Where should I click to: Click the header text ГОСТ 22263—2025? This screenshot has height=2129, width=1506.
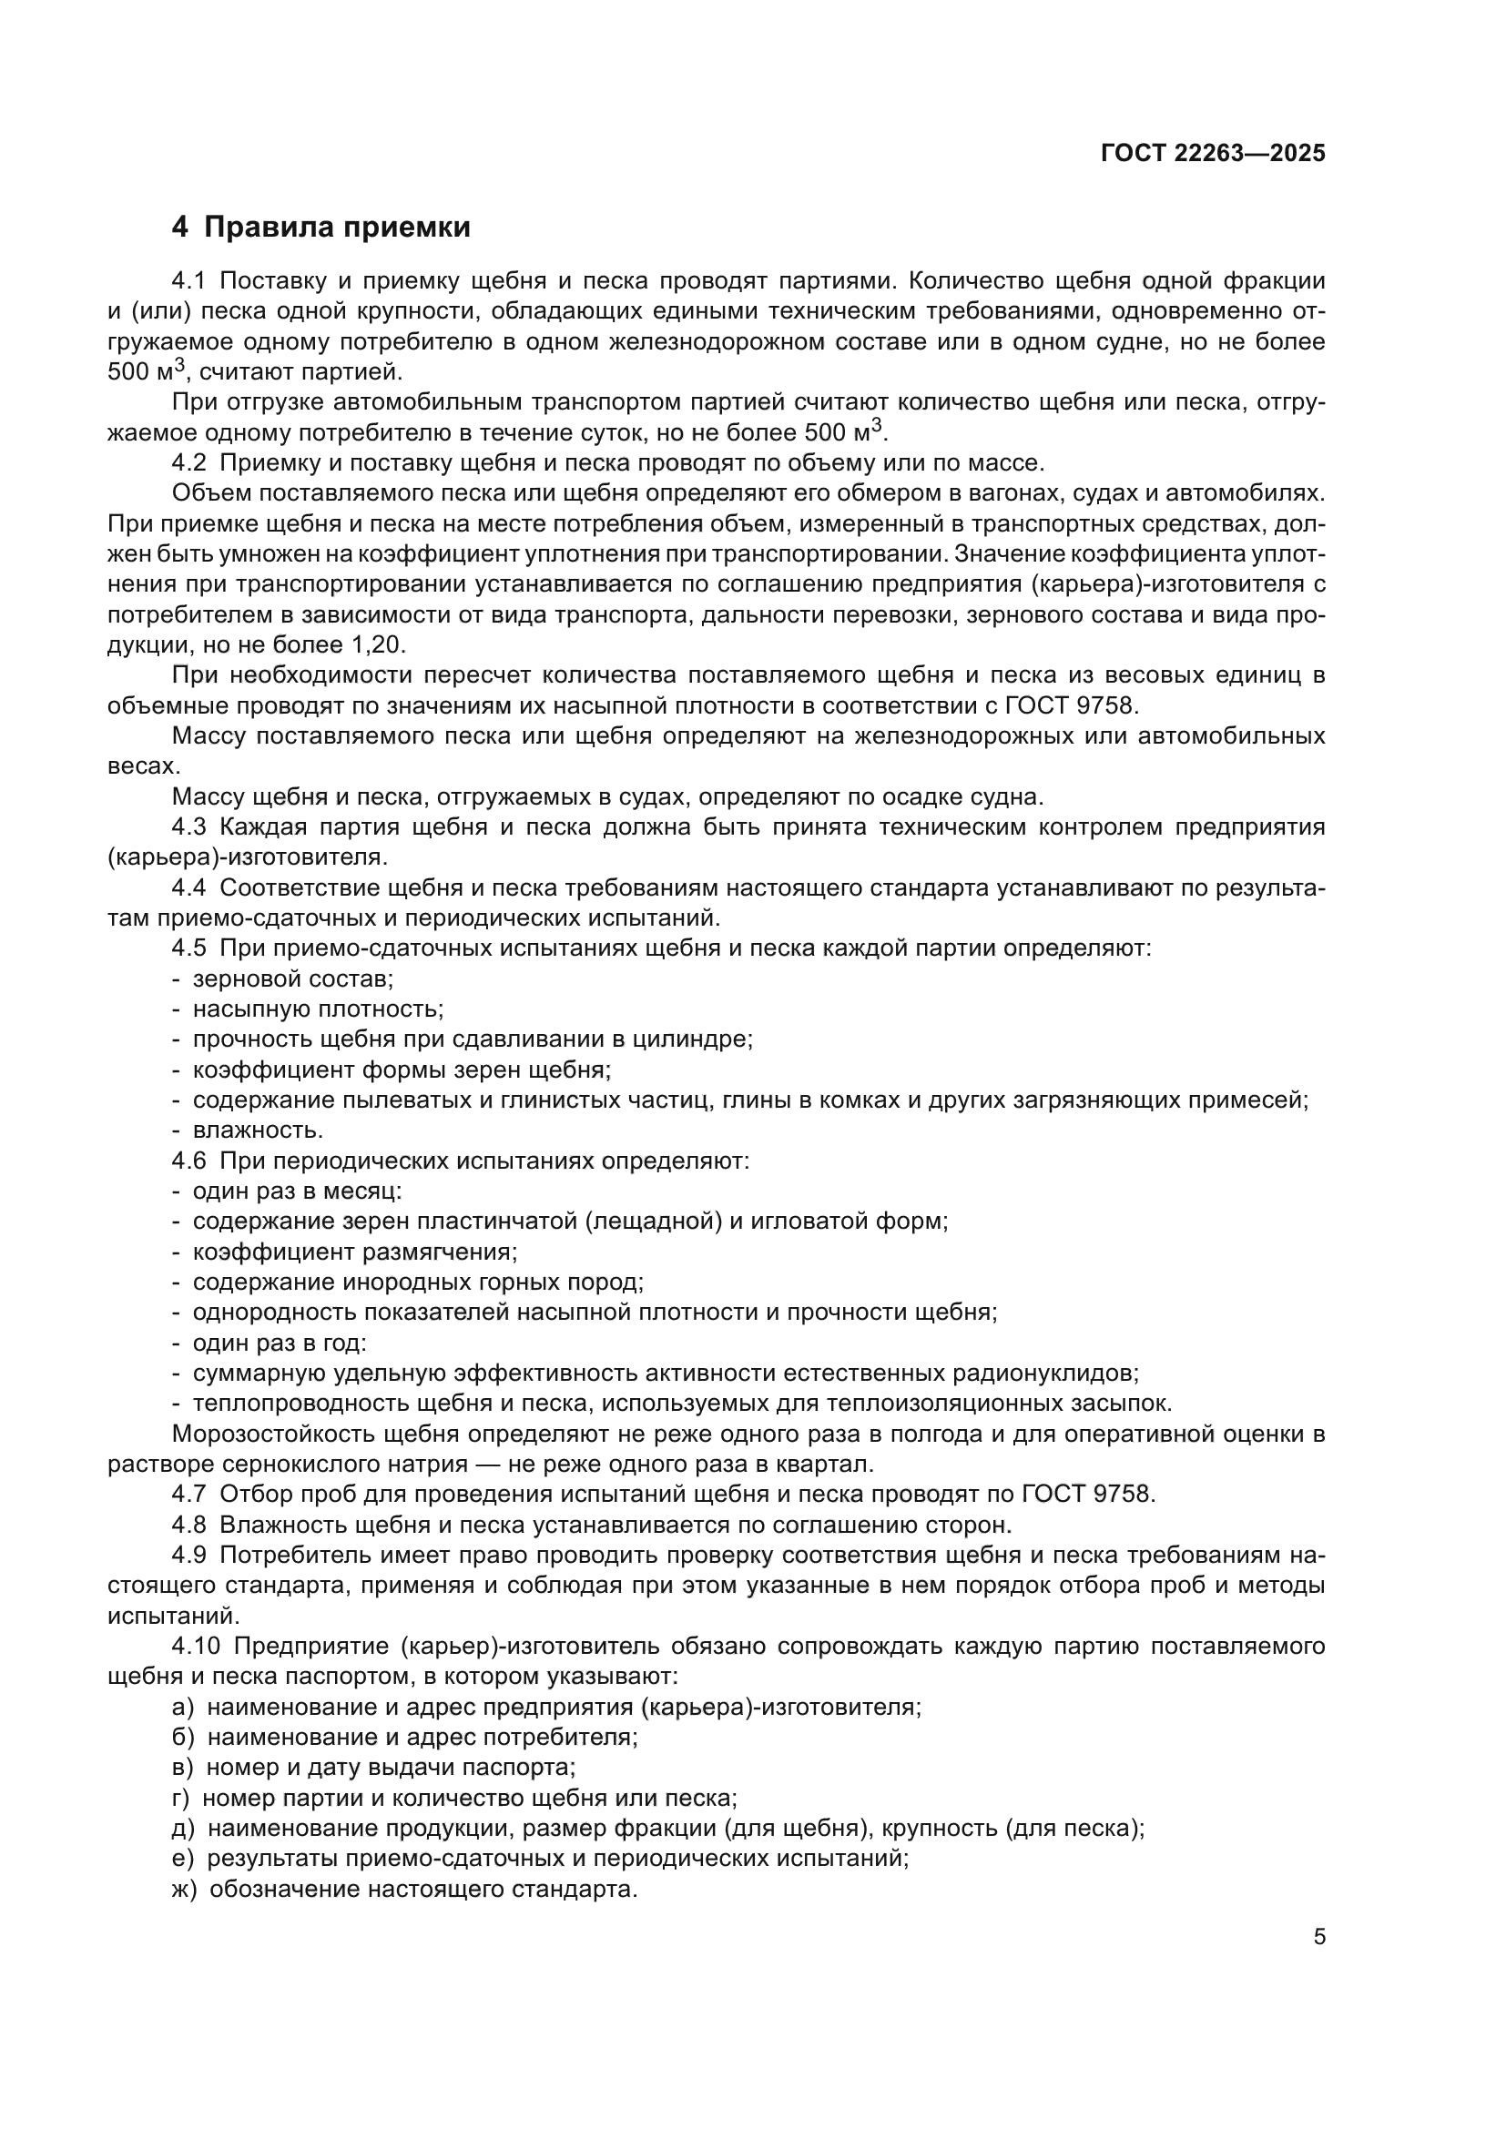pyautogui.click(x=1212, y=153)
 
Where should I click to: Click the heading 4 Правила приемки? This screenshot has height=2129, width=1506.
pyautogui.click(x=321, y=228)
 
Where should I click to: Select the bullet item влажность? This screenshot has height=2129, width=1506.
pyautogui.click(x=258, y=1130)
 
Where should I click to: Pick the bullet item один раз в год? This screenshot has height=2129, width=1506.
pyautogui.click(x=280, y=1343)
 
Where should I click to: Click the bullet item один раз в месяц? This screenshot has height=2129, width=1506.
pyautogui.click(x=297, y=1191)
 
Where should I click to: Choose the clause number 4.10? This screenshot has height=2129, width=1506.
pyautogui.click(x=195, y=1646)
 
